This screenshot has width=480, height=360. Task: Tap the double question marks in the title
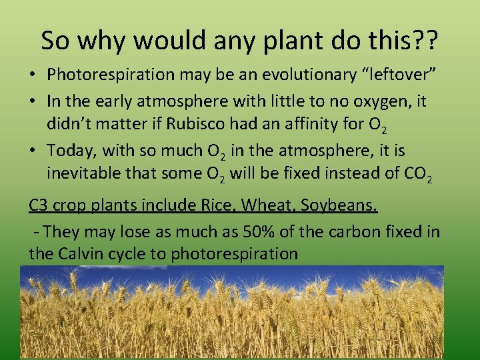421,41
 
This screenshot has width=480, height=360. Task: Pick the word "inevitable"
85,175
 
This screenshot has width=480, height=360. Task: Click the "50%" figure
283,231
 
